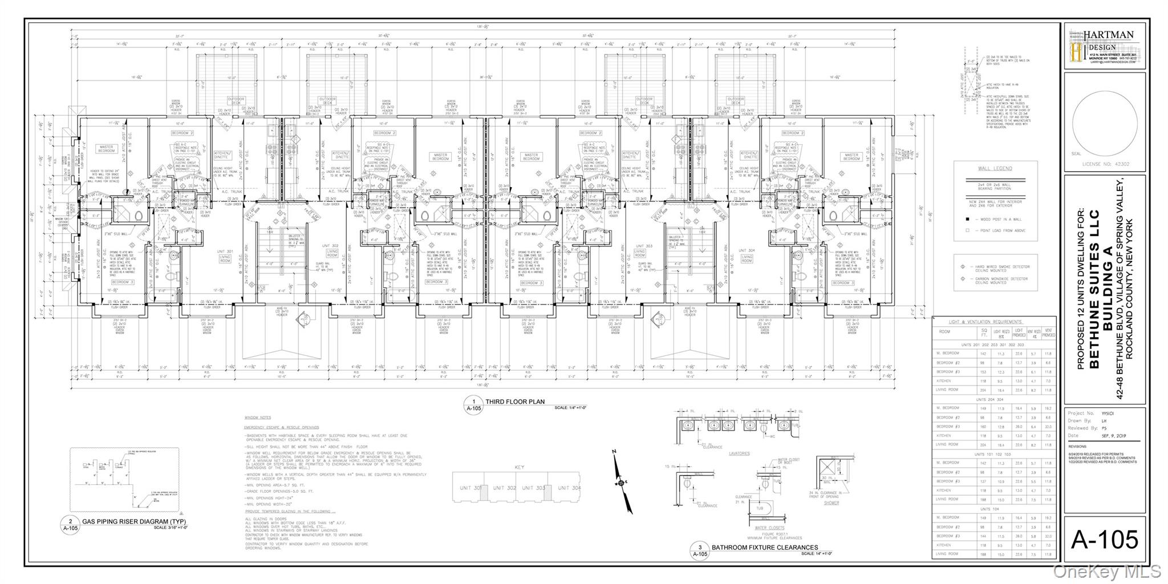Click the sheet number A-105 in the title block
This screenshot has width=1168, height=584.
[1104, 539]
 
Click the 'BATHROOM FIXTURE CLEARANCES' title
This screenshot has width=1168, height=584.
[764, 547]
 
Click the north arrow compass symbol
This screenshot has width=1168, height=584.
[621, 482]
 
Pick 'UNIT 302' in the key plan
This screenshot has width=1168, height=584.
[504, 488]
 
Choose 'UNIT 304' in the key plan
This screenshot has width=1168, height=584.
[569, 488]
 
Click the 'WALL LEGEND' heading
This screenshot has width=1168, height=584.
[995, 169]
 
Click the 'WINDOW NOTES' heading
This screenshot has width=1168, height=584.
[257, 418]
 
